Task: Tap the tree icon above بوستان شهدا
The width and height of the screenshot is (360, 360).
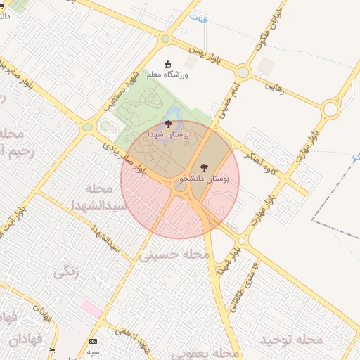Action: coord(167,124)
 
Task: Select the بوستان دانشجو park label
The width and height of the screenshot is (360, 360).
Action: coord(205,179)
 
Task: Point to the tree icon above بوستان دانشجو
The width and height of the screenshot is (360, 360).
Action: coord(204,167)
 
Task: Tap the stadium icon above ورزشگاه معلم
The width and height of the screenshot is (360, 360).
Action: coord(167,64)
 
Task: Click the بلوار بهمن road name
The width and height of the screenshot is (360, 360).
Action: coord(212,57)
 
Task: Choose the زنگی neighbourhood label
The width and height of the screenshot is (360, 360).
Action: coord(67,271)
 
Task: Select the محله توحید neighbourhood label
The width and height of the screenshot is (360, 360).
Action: coord(291,340)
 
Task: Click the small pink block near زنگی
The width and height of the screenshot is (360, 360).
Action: coord(91,308)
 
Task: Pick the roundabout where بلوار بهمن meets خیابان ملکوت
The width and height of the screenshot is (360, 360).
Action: coord(243,72)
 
